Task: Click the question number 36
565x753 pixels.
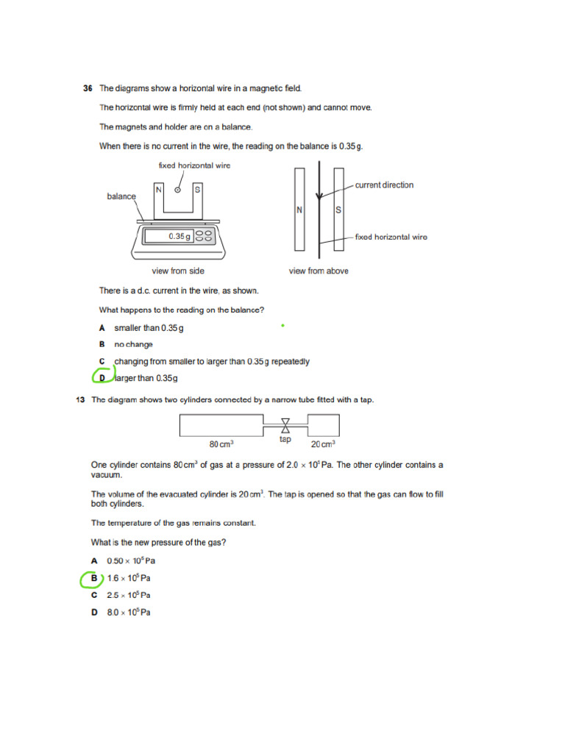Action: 88,88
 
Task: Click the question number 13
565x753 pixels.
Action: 82,400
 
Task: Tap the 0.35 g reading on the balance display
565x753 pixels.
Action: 180,237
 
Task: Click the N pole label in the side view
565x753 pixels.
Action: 158,190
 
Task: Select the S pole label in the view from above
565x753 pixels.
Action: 338,210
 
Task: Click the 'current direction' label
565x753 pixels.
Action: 384,185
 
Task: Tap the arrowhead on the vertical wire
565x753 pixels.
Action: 319,196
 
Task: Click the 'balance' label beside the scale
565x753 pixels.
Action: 121,196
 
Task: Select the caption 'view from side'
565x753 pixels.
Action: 178,271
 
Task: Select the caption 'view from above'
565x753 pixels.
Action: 319,271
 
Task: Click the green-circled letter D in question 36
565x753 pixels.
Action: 102,378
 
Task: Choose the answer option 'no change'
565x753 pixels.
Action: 133,344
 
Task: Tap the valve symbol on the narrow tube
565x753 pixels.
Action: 285,425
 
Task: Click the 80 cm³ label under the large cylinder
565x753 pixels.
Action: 221,444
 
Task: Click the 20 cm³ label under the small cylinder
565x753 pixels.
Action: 323,444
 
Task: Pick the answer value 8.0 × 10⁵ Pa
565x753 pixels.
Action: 129,613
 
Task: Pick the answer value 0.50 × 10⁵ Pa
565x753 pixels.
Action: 131,560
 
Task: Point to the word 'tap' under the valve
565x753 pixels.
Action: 285,440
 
